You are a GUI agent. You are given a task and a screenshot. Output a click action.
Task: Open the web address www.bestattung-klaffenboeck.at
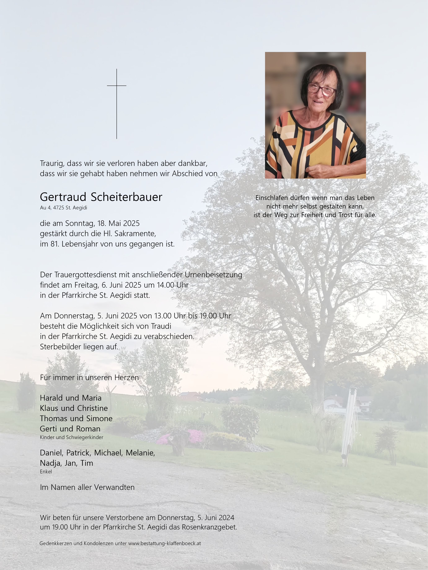165,543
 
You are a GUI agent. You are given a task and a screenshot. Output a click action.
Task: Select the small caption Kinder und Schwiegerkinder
72,437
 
